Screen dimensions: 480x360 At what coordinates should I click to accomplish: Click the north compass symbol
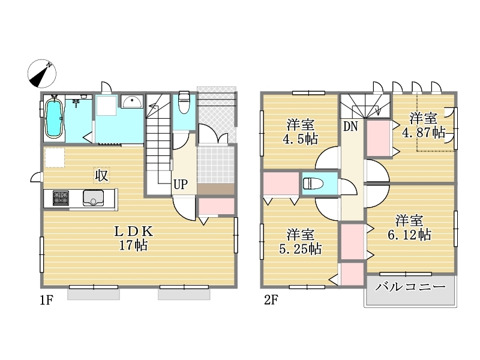coord(42,74)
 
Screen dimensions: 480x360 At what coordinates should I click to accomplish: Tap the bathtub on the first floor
coord(54,118)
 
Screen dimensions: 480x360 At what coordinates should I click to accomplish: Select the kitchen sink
coord(93,198)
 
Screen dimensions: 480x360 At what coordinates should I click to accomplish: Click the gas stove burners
coord(61,198)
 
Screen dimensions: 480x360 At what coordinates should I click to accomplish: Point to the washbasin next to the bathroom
coord(132,101)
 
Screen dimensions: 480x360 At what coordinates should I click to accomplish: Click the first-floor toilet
coord(184,101)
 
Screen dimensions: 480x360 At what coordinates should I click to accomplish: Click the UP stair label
coord(181,185)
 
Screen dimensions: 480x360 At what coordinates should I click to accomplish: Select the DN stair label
coord(350,126)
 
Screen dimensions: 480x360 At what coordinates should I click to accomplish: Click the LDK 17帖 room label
coord(133,238)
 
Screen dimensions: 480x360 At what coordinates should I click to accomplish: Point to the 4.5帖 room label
coord(301,132)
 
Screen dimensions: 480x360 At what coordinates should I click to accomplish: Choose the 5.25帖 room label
coord(301,242)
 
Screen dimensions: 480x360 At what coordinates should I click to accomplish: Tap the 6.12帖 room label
coord(410,228)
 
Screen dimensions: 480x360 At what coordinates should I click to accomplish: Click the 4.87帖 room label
coord(424,125)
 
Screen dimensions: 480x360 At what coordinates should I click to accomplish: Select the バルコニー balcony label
coord(410,287)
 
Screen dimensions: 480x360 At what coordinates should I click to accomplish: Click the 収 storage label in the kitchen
coord(101,176)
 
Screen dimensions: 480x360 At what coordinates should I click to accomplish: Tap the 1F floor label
coord(46,301)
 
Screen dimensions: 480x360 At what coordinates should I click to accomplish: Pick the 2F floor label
coord(271,300)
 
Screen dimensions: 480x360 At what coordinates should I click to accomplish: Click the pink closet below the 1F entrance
coord(217,206)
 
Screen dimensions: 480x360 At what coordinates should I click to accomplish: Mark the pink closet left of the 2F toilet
coord(281,184)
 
